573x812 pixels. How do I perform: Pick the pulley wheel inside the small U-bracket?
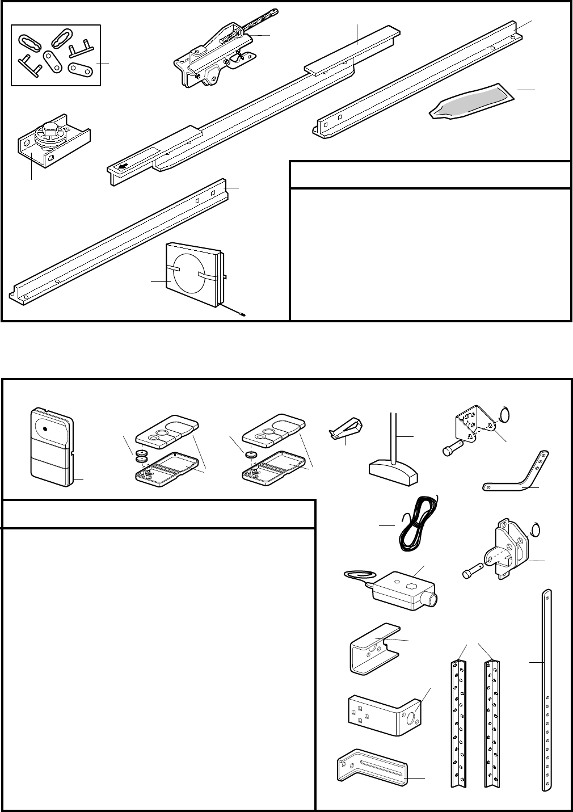tap(50, 136)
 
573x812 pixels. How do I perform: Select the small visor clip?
tap(346, 430)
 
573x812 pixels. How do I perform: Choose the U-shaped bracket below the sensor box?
tap(372, 649)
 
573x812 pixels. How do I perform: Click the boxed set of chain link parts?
tap(56, 55)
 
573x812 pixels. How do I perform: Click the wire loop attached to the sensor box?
tap(357, 576)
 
